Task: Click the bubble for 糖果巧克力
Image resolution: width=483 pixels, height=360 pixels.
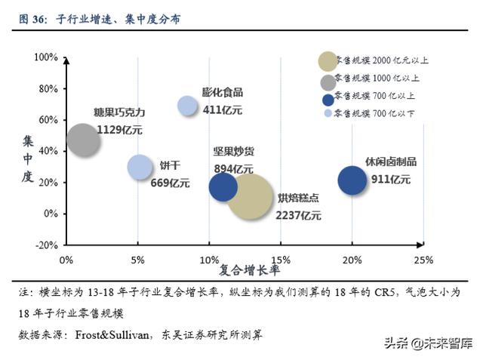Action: (83, 140)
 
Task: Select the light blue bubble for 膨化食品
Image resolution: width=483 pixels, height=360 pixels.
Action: (188, 106)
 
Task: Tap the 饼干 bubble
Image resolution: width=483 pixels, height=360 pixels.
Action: (140, 168)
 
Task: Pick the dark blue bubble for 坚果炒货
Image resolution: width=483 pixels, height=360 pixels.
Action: (223, 186)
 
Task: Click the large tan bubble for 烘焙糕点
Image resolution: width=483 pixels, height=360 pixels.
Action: (249, 197)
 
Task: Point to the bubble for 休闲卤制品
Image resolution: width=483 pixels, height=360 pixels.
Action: (352, 180)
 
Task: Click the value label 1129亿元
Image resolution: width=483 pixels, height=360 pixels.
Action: (119, 129)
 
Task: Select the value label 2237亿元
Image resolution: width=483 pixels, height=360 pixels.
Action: (299, 215)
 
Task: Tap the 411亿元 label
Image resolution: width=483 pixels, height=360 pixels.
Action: (223, 109)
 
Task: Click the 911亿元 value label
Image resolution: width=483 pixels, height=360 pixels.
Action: (391, 180)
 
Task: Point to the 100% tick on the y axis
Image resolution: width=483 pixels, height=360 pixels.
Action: (46, 57)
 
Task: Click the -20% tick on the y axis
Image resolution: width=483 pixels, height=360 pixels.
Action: (46, 245)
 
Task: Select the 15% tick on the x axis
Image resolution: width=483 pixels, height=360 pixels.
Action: (281, 260)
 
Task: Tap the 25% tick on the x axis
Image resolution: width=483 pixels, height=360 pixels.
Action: (423, 260)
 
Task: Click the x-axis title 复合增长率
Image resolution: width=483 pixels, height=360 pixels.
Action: (249, 269)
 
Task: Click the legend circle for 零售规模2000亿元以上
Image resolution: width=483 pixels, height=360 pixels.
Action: (328, 61)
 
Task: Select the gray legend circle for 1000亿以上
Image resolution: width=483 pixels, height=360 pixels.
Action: (328, 82)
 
